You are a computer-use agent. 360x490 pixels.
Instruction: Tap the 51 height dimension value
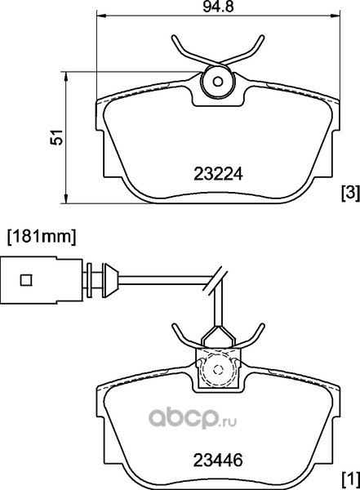[x=57, y=137]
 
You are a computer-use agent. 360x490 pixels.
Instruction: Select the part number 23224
[x=218, y=174]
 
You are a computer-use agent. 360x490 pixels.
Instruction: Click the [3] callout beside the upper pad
[x=351, y=193]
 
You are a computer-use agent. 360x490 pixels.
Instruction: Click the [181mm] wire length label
[x=42, y=237]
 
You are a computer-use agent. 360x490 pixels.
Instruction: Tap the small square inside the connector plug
[x=26, y=280]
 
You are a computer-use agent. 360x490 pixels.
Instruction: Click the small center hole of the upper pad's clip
[x=218, y=82]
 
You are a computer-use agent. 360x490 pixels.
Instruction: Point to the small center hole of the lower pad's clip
[x=218, y=369]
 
